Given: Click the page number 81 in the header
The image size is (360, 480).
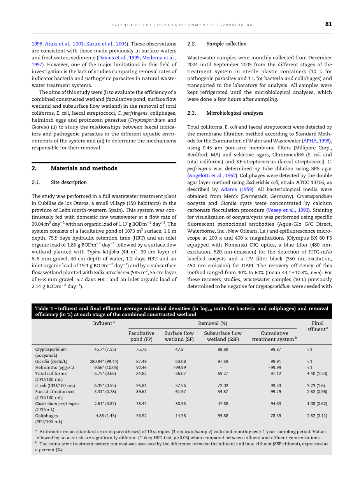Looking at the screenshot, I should tap(328, 24).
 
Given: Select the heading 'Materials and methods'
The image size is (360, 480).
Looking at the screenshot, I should tap(84, 168).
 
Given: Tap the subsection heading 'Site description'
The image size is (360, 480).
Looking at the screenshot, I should tap(68, 182).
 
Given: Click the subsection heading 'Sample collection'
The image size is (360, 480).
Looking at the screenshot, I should tap(226, 44).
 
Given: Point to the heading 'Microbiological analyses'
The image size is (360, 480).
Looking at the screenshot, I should tap(235, 113).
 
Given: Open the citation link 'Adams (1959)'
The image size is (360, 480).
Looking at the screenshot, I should tap(237, 189).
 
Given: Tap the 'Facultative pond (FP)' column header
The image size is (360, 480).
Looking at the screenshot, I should tap(141, 336).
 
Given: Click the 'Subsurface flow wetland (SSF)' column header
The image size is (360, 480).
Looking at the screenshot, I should tap(223, 336).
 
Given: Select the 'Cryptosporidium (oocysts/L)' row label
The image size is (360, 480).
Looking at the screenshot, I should tap(51, 352).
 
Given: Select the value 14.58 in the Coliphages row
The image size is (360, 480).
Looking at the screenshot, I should tap(180, 416).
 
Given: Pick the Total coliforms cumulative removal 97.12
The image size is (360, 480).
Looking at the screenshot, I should tap(276, 373).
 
